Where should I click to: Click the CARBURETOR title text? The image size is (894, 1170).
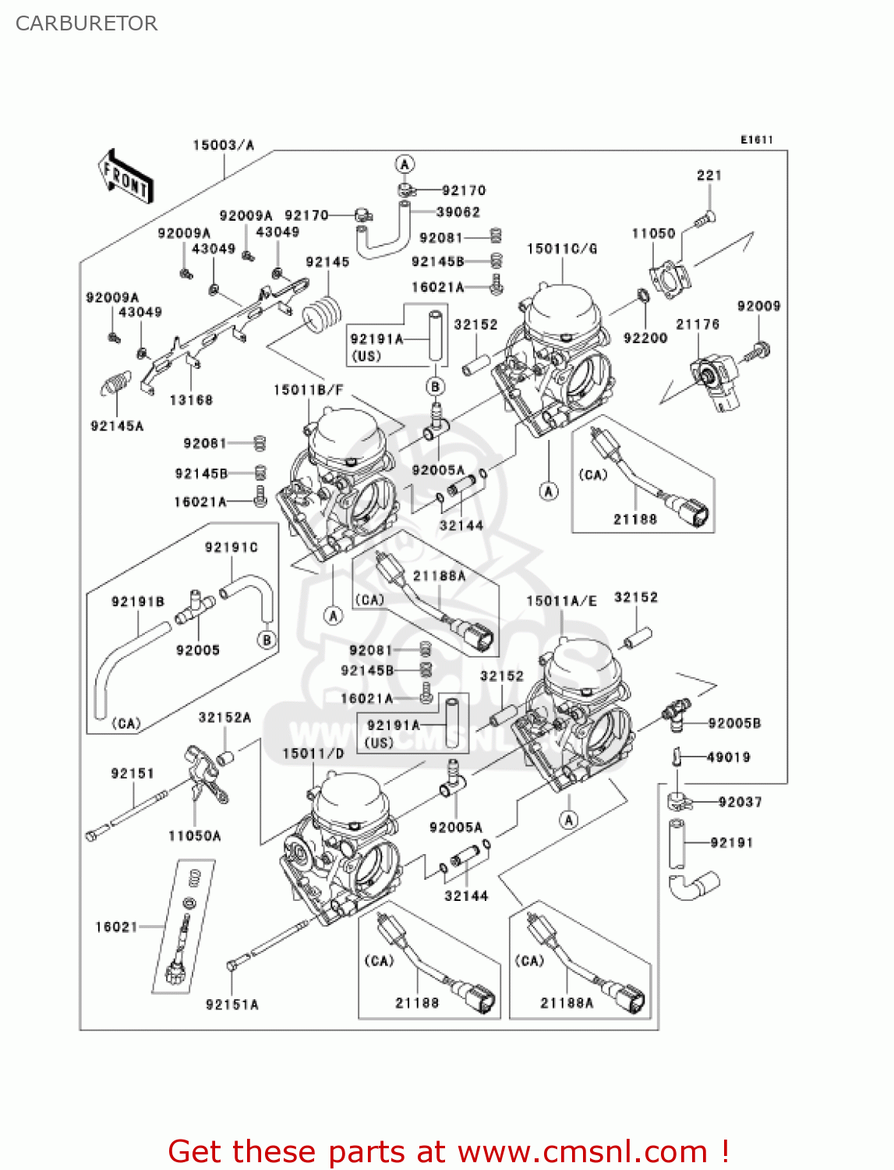[x=87, y=23]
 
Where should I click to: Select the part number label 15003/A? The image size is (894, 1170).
[x=223, y=145]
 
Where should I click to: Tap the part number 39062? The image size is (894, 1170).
[x=458, y=212]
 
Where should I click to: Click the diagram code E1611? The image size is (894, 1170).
[x=756, y=140]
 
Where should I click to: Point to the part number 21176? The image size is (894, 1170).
[x=697, y=324]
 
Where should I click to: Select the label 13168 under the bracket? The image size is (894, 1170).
[x=191, y=400]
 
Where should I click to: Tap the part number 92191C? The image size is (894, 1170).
[x=231, y=548]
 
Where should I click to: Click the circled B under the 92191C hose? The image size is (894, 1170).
[x=267, y=640]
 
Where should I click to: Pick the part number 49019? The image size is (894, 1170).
[x=728, y=757]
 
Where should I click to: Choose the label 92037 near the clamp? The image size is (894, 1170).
[x=740, y=802]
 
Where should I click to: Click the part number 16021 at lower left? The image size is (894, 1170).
[x=116, y=927]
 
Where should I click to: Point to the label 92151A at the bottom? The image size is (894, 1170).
[x=231, y=1005]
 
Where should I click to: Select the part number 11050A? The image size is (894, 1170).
[x=194, y=836]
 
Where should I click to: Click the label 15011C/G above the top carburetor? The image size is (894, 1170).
[x=561, y=249]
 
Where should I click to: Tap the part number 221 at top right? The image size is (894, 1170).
[x=708, y=175]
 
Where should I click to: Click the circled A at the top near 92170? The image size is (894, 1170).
[x=404, y=165]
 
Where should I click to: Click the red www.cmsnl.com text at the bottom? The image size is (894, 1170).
[x=581, y=1151]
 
